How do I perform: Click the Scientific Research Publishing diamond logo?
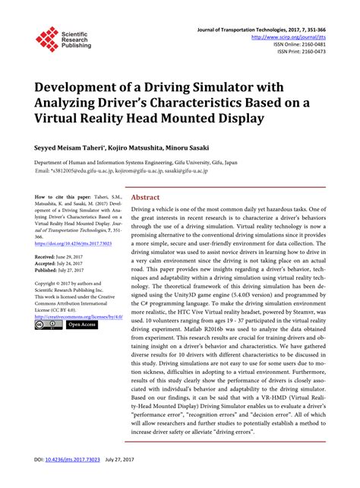coord(47,40)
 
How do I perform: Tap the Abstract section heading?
coord(146,195)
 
